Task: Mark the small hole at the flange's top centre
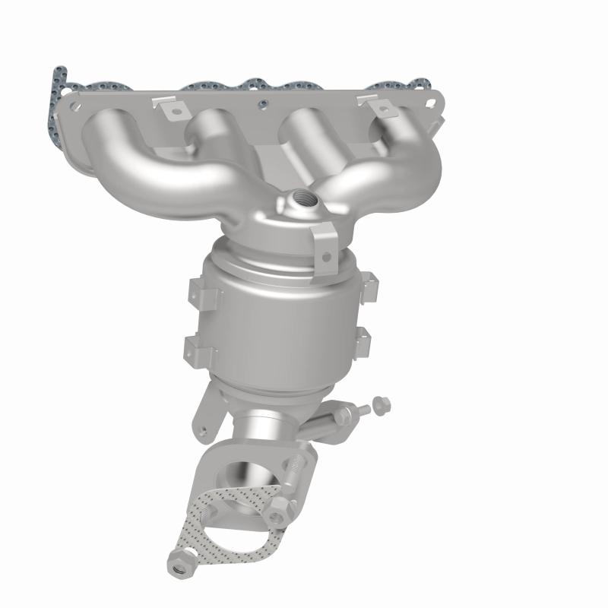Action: (x=261, y=104)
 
